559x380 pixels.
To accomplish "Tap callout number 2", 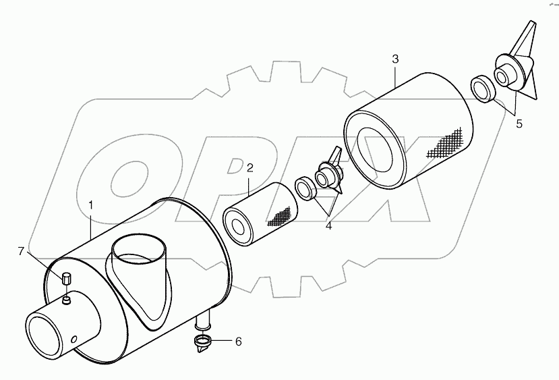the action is (x=249, y=167).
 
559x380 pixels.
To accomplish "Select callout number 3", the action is (x=395, y=59).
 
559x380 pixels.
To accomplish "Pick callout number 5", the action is (x=519, y=124).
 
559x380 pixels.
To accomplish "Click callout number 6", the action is (x=238, y=341).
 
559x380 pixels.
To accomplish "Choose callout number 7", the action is (x=22, y=251).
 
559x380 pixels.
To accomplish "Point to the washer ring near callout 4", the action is (x=306, y=188).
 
